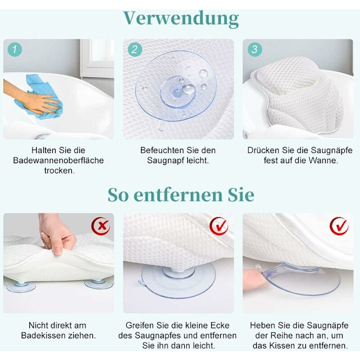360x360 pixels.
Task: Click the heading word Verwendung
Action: [181, 19]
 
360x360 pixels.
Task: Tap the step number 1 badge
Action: [14, 50]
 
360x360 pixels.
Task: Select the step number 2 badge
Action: [135, 50]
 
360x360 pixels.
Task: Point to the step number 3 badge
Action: [255, 50]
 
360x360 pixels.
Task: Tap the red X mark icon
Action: [101, 226]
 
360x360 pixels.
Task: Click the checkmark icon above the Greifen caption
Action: [219, 226]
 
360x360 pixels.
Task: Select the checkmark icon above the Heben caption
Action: [339, 226]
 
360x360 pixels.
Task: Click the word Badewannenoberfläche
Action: [58, 160]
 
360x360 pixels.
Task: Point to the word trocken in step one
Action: [59, 170]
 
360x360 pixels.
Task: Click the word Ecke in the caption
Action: [220, 325]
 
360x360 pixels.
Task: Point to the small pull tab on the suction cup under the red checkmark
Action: [142, 283]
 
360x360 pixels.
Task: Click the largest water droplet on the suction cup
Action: [188, 89]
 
